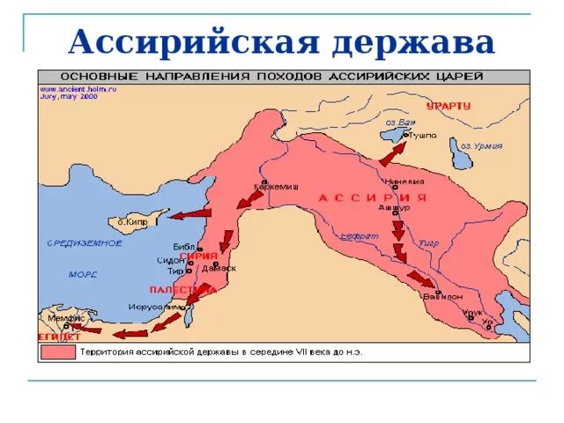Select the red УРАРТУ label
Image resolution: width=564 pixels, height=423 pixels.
[x=449, y=106]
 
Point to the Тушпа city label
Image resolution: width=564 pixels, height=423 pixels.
[x=422, y=135]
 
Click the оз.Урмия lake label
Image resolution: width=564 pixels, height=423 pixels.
[x=482, y=146]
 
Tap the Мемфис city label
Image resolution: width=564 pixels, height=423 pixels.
[x=67, y=318]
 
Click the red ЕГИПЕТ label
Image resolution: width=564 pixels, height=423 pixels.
[x=60, y=337]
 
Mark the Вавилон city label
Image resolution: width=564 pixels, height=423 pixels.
[x=442, y=297]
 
